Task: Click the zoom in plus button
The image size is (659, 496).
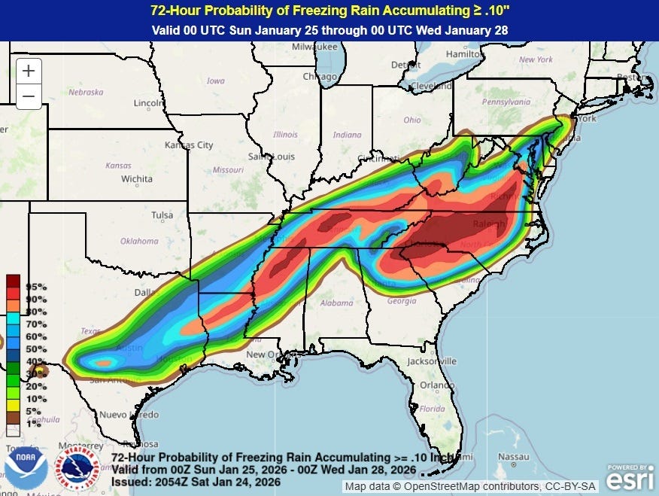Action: [x=28, y=72]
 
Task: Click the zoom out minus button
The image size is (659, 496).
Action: [x=28, y=96]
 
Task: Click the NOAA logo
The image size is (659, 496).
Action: [x=26, y=468]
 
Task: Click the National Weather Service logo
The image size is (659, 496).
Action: [x=80, y=468]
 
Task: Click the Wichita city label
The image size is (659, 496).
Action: [x=136, y=179]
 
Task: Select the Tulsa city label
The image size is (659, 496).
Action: [x=162, y=215]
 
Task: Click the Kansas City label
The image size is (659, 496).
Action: [x=189, y=145]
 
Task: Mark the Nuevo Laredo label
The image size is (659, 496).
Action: [x=129, y=415]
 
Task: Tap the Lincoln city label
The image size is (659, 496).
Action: [x=148, y=102]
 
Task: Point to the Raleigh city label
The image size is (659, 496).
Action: [x=488, y=223]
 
